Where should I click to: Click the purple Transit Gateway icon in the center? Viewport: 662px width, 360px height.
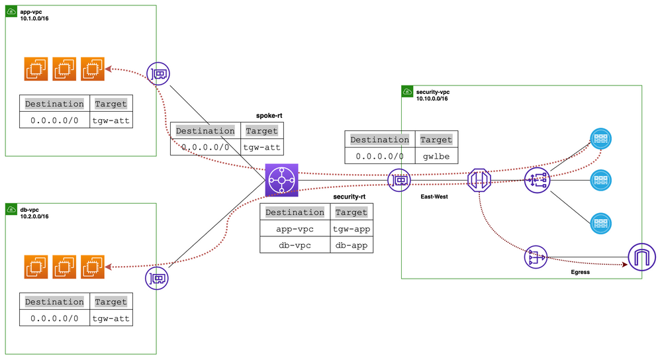click(282, 180)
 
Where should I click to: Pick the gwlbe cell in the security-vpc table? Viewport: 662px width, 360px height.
click(436, 157)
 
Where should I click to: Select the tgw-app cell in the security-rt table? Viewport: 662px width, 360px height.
click(351, 228)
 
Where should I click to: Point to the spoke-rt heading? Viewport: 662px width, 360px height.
click(269, 115)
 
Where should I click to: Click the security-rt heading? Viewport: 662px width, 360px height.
click(349, 197)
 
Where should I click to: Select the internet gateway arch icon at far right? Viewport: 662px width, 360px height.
click(641, 256)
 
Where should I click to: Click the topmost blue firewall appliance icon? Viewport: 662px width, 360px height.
click(600, 138)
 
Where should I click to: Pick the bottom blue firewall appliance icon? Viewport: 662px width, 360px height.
click(600, 222)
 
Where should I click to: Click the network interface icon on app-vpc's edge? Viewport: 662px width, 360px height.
click(158, 73)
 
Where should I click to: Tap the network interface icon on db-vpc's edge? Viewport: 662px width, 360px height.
click(157, 278)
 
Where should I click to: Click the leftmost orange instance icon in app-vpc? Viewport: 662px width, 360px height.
click(36, 69)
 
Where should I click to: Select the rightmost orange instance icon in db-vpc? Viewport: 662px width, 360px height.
click(93, 266)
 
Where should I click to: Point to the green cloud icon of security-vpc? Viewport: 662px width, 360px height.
click(408, 91)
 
